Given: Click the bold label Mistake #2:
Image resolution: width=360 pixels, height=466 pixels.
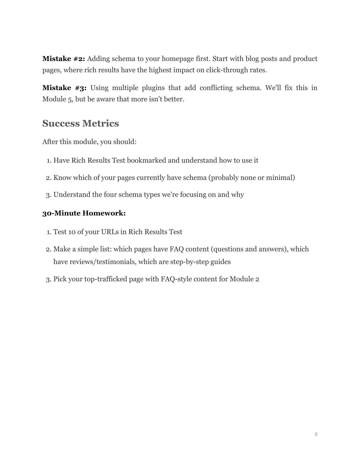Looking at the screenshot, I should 64,59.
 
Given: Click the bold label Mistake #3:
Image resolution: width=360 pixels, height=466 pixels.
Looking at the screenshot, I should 64,88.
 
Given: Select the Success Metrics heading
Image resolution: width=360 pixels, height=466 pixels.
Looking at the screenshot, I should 80,123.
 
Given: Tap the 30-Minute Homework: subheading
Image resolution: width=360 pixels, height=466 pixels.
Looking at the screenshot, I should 84,213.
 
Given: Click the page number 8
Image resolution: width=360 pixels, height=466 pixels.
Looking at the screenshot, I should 316,434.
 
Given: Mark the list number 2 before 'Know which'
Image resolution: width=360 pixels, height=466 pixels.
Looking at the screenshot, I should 48,178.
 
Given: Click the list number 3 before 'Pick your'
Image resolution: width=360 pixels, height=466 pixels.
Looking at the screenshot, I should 48,279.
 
